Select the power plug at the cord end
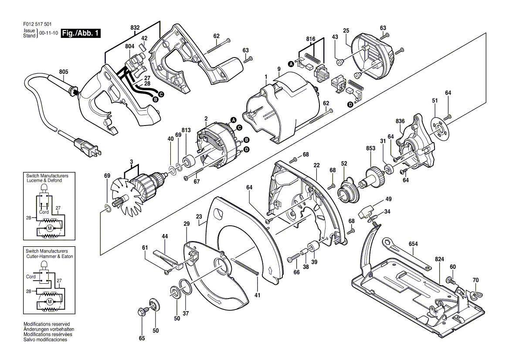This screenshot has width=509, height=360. point(89,148)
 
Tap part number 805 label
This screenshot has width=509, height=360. point(64,72)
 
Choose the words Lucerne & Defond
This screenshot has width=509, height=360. point(44,180)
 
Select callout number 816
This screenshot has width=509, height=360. point(310,39)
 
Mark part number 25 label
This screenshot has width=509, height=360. point(346,30)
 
